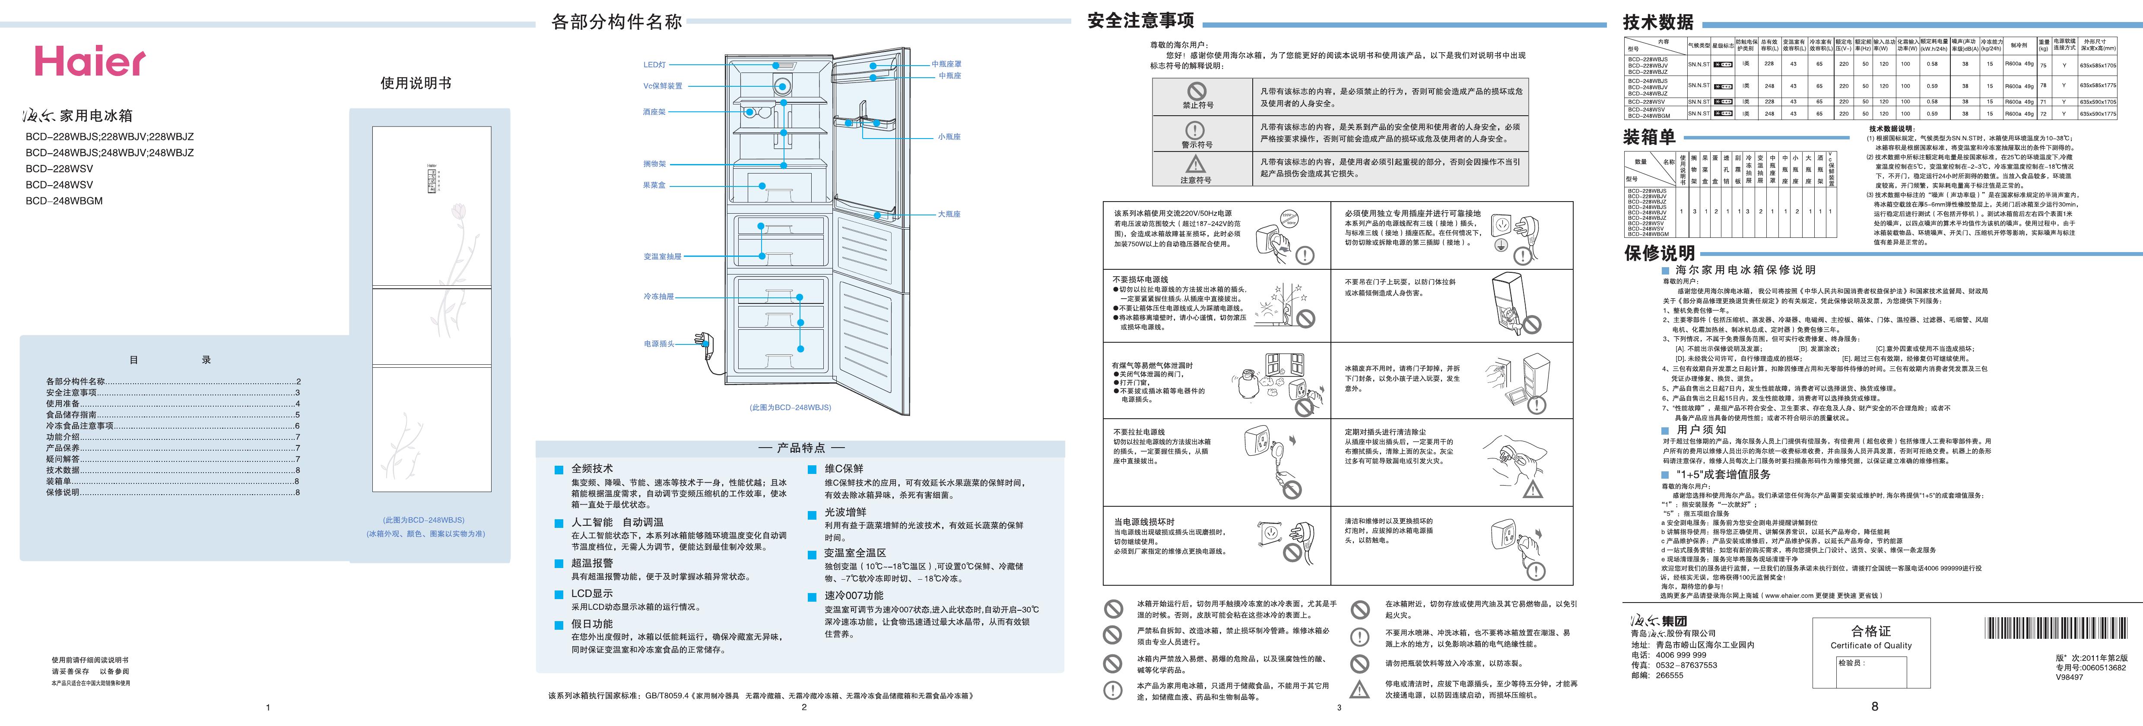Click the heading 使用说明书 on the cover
416,83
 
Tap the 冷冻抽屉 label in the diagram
658,296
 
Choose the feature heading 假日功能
591,624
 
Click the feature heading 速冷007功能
854,596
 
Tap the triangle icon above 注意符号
1195,164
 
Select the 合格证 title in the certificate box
1871,631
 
